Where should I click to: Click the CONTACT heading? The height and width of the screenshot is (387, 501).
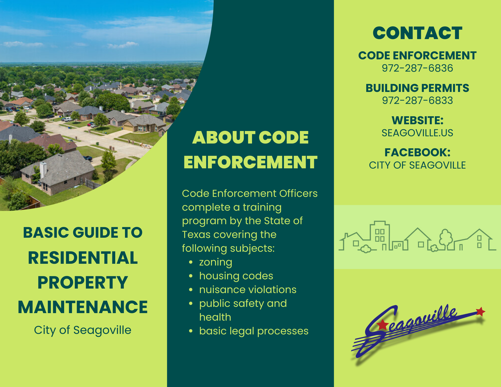coord(417,33)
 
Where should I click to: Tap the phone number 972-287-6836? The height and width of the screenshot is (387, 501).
coord(417,68)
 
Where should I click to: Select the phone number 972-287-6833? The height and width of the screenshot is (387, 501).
coord(417,100)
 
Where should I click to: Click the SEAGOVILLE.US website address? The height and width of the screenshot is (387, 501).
coord(417,133)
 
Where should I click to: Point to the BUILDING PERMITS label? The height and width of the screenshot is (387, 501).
coord(417,88)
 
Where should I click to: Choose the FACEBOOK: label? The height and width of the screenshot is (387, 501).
coord(417,152)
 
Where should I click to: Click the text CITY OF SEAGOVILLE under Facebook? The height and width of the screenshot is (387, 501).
coord(417,165)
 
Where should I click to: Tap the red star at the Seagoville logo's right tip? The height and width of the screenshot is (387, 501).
coord(480,312)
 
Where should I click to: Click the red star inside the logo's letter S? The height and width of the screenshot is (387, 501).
coord(383,325)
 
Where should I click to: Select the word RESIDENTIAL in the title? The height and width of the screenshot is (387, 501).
coord(83,258)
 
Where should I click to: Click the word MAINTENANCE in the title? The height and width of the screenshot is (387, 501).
coord(83,307)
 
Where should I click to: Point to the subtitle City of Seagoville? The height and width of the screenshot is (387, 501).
coord(83,330)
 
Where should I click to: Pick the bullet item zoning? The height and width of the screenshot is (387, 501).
coord(216,262)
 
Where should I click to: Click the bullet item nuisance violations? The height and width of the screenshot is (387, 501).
coord(248,290)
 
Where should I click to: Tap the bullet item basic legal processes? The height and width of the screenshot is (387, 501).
coord(254,331)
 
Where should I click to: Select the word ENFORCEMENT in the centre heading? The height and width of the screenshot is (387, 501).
coord(250,162)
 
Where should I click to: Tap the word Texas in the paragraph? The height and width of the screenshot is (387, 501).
coord(196,235)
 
